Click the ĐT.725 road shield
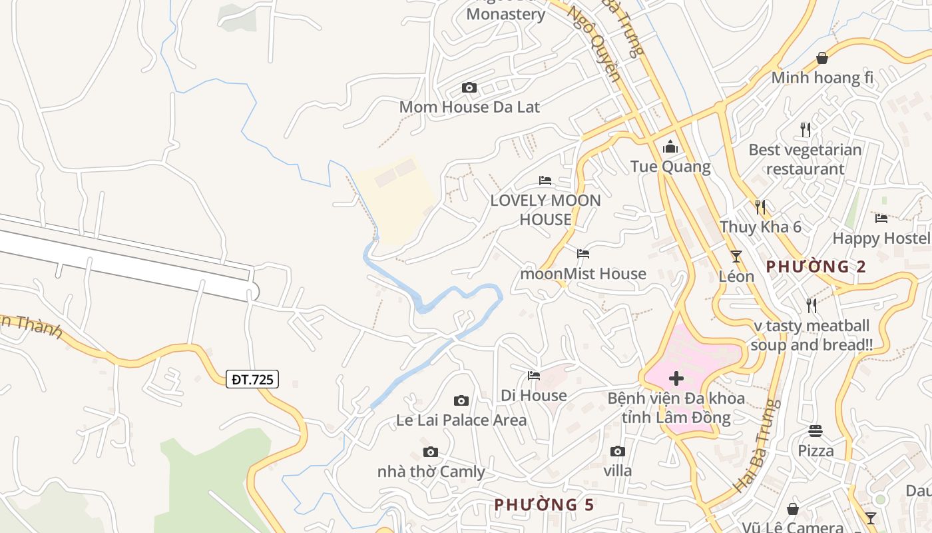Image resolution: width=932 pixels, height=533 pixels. tap(252, 380)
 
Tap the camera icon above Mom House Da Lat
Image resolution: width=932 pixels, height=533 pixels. tap(469, 88)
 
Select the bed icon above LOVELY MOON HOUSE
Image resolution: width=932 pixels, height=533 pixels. tap(545, 181)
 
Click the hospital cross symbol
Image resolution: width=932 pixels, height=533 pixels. tap(676, 379)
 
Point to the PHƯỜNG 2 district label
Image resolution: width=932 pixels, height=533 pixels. tap(815, 267)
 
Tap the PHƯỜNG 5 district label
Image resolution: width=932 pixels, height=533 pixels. tap(544, 505)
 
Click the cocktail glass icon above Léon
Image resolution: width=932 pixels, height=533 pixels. tap(736, 257)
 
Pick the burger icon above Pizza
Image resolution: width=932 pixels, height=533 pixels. tap(815, 431)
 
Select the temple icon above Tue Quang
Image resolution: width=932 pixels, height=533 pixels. tap(670, 147)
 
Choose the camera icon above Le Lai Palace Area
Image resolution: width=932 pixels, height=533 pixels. tap(461, 400)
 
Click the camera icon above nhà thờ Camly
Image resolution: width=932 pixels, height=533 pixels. tap(431, 452)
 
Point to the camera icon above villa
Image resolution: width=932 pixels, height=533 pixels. tap(617, 452)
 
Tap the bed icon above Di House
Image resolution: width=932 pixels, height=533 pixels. tap(534, 376)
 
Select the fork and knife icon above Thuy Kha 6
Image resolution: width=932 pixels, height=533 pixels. tap(760, 207)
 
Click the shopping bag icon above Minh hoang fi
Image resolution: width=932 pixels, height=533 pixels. tap(822, 58)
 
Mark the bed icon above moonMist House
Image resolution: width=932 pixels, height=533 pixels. tap(583, 254)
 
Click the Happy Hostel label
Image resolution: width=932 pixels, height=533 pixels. tap(881, 238)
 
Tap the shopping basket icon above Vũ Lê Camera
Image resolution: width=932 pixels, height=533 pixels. tap(792, 510)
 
